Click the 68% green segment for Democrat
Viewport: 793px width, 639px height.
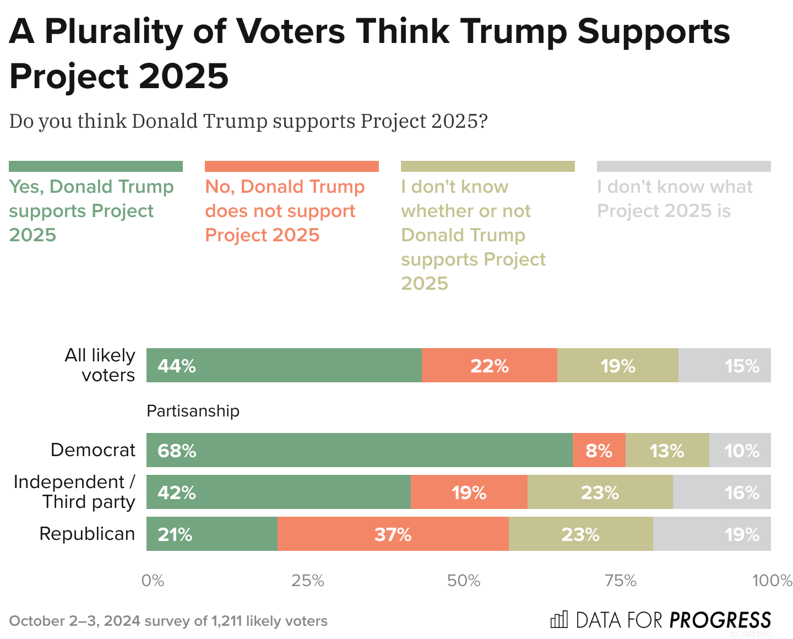pos(359,450)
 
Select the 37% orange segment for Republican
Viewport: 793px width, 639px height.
pos(393,534)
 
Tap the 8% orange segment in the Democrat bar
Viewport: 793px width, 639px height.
pos(599,450)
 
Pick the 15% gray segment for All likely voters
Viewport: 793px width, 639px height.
pos(724,365)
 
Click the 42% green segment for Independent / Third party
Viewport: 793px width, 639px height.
pos(278,492)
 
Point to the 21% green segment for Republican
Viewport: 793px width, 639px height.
pos(211,534)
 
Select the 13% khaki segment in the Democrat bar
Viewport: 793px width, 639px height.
pos(667,450)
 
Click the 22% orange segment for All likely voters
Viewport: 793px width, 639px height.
pos(489,365)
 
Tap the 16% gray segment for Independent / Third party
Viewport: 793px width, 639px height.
pos(721,492)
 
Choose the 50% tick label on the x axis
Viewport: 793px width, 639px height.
pos(464,581)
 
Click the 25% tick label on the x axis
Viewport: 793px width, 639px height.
pos(308,581)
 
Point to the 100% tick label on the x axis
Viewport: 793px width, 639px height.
pos(772,581)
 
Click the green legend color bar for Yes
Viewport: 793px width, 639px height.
pos(96,166)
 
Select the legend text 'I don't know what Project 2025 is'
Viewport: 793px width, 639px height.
pos(674,199)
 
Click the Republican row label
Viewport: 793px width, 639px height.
pos(87,534)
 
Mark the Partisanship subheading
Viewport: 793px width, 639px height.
pos(193,411)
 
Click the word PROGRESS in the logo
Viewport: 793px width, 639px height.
pos(720,620)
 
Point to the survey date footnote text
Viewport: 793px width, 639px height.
pos(168,621)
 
